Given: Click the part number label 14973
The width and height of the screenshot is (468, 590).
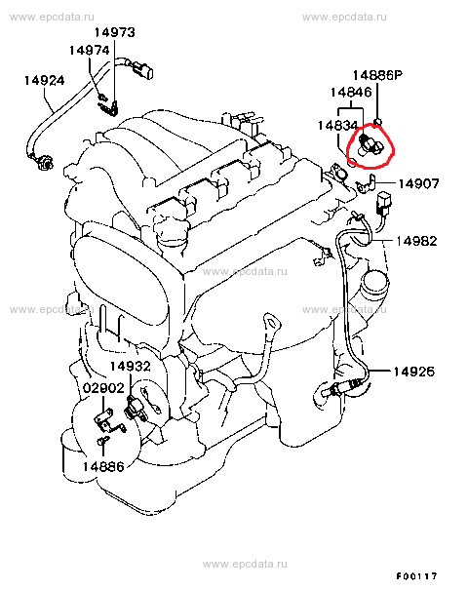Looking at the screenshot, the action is click(x=114, y=32).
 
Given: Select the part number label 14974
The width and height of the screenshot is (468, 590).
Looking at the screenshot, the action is click(x=89, y=51).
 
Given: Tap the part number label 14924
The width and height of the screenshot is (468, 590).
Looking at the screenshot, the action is click(x=45, y=81).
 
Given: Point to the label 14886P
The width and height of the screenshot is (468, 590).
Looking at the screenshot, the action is click(x=377, y=75).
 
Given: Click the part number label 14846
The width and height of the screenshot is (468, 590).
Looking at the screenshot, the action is click(x=351, y=93).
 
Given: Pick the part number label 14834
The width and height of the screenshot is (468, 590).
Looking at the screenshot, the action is click(x=337, y=125).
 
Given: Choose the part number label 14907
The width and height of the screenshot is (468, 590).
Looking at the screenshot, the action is click(x=418, y=183).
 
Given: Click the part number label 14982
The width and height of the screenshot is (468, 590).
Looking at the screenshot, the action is click(x=417, y=241).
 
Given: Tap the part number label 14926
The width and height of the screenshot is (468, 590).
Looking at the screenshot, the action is click(x=413, y=372).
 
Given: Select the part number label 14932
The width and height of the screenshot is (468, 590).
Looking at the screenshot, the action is click(x=131, y=366).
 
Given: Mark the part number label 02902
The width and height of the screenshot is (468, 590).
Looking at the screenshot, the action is click(x=103, y=388).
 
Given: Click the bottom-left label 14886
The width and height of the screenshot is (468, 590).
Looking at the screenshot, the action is click(x=103, y=466).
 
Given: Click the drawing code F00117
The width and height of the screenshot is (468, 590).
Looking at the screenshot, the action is click(x=417, y=576).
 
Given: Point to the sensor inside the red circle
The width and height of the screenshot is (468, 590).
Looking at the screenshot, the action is click(x=370, y=144).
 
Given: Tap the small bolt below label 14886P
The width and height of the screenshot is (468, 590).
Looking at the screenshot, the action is click(x=377, y=122).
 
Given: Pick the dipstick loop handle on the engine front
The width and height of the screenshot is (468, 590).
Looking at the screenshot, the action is click(x=271, y=322).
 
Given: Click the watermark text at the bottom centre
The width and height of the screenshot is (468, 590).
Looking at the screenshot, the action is click(x=245, y=564).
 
